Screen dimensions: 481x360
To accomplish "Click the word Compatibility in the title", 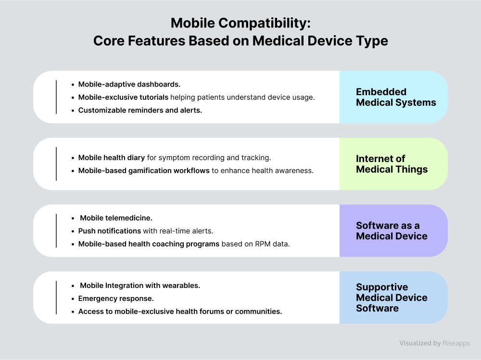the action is click(x=263, y=24).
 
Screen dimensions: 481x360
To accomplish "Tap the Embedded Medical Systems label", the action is click(x=396, y=97).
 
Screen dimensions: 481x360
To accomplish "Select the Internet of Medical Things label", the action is click(x=392, y=164).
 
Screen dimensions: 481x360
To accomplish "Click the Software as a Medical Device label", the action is click(x=392, y=231).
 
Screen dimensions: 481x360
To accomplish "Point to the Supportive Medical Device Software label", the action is click(x=392, y=298).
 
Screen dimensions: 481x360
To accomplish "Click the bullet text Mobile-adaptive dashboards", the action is click(x=129, y=84).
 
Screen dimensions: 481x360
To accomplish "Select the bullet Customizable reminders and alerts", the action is click(x=140, y=110).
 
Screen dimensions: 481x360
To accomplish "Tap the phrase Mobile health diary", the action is click(x=112, y=158).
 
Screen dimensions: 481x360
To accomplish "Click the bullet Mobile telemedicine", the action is click(x=116, y=218).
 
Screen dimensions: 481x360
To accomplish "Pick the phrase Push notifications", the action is click(x=110, y=231).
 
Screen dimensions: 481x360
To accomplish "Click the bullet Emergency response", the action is click(x=116, y=298).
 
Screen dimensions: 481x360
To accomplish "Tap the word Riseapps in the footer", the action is click(x=456, y=343).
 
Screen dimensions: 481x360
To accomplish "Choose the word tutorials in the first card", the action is click(x=154, y=97).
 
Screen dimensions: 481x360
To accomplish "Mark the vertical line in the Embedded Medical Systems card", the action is click(x=56, y=97).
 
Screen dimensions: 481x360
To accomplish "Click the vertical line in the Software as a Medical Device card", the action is click(x=56, y=231).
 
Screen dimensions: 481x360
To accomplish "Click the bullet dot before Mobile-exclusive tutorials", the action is click(x=73, y=98).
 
